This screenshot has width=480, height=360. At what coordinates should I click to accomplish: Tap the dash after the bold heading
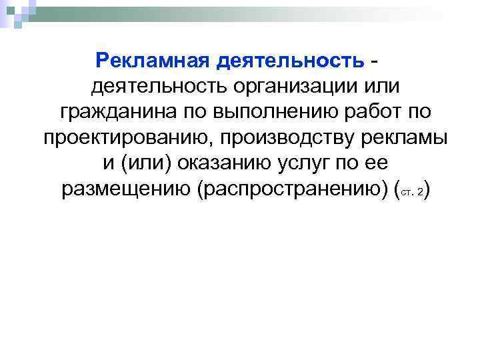[378, 61]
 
